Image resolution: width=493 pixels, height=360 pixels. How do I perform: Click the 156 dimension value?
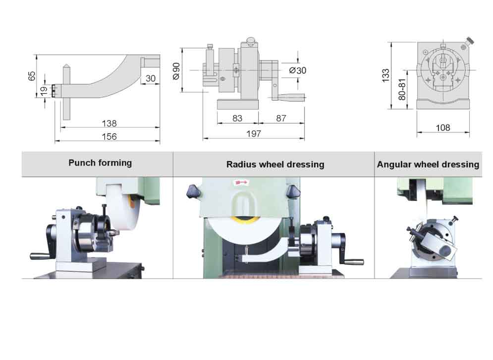109,136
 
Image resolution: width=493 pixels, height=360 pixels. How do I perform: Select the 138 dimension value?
109,123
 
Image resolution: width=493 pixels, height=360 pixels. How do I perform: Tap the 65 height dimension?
32,76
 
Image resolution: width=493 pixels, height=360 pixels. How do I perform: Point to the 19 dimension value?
44,90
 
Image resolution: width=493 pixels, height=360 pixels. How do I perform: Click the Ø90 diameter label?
176,71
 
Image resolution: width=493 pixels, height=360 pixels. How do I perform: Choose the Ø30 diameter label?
297,70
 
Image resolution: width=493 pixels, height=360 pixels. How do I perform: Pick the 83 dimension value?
237,119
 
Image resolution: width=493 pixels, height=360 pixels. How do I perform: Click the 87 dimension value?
281,119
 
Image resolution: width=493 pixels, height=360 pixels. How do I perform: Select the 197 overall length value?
253,134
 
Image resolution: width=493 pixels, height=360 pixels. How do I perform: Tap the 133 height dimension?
385,75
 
